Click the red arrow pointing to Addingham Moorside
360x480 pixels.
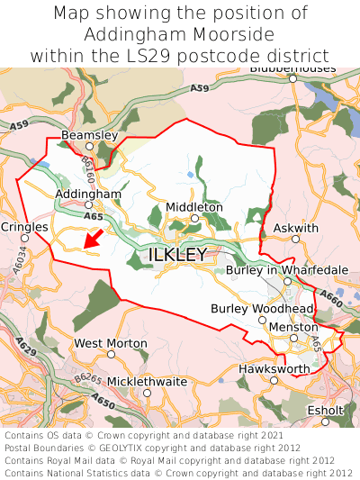[x=91, y=239]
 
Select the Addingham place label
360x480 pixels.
[x=88, y=194]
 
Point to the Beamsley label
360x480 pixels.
[x=89, y=135]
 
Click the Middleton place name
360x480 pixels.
[x=193, y=207]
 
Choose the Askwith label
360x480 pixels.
[x=296, y=228]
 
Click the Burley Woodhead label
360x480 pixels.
[x=262, y=309]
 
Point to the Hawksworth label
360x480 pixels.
[x=274, y=369]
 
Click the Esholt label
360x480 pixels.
[x=326, y=410]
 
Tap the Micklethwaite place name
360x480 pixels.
[x=148, y=381]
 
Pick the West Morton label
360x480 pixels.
[x=111, y=343]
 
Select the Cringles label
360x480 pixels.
[x=24, y=228]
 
